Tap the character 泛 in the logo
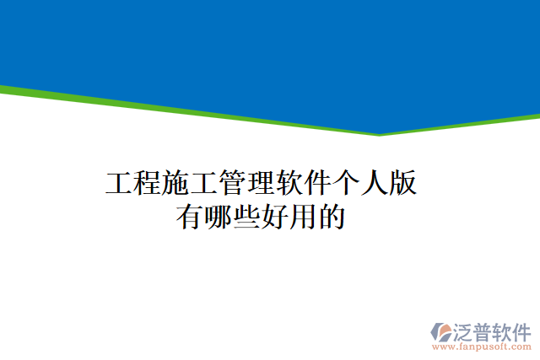point(465,330)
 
